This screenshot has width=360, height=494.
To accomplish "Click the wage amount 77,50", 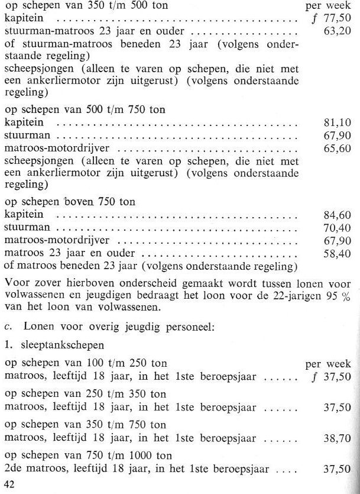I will click(343, 20).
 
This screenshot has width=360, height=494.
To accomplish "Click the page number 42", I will click(9, 484).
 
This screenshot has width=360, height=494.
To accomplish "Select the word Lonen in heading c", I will click(31, 324).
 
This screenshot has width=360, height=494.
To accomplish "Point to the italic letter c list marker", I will click(7, 324).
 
